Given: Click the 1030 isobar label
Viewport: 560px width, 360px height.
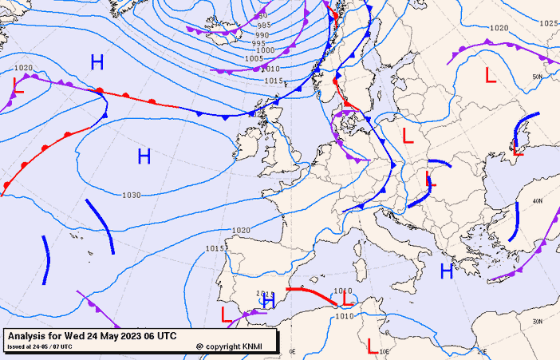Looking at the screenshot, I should point(132,195).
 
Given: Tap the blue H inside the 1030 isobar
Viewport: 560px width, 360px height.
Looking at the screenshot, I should point(144,156).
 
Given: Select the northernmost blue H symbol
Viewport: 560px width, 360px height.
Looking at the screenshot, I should point(97,62).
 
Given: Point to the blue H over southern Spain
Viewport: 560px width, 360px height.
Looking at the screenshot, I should point(269,302).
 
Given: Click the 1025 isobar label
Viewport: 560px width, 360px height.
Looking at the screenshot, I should point(549,23).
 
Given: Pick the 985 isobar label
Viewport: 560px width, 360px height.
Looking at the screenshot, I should point(264,26).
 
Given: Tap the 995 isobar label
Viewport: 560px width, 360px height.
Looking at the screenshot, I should point(260,43).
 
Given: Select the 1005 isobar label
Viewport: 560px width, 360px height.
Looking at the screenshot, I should point(254,59).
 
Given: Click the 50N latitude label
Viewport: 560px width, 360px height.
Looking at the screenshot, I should point(538,77).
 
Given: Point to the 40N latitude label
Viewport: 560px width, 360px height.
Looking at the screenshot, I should point(538,201).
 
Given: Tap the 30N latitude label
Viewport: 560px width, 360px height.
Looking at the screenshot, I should point(538,321).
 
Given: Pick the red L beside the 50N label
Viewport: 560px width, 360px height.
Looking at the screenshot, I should point(491,77).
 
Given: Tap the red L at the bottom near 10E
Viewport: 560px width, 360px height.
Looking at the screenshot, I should point(371,345).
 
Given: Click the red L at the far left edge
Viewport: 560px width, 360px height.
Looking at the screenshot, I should point(18,86).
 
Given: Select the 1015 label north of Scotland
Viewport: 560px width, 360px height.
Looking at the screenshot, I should point(274,81).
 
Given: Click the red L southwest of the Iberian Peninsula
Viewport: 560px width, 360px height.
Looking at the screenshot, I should point(227,314).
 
